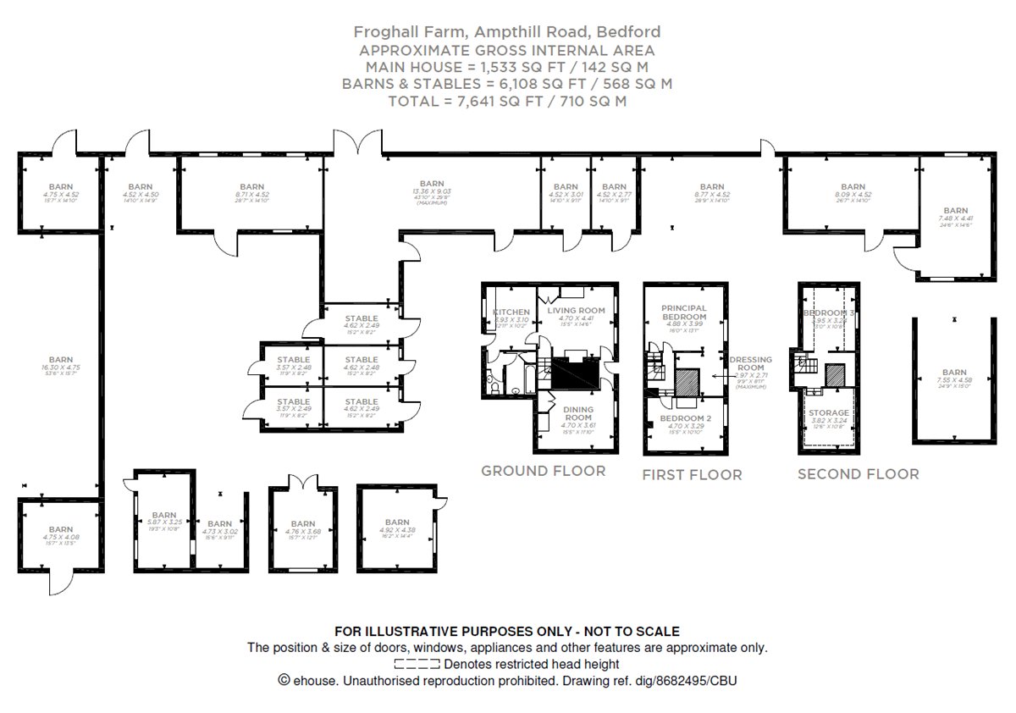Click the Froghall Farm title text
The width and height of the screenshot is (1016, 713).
[x=507, y=32]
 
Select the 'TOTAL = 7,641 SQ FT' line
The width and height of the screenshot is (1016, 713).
[x=507, y=101]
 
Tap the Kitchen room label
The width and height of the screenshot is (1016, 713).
[x=511, y=312]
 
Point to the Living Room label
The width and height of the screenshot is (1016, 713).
[x=577, y=311]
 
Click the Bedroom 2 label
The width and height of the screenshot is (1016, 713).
[x=683, y=419]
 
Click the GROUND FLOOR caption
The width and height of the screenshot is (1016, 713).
[x=543, y=471]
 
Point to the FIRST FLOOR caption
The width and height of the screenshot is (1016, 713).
[x=692, y=475]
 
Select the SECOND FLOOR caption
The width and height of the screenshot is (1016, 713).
[x=858, y=474]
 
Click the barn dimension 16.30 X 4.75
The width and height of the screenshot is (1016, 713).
[x=61, y=368]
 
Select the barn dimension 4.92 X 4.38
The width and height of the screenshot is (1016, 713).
[x=397, y=531]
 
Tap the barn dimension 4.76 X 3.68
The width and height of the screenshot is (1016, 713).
[x=302, y=533]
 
